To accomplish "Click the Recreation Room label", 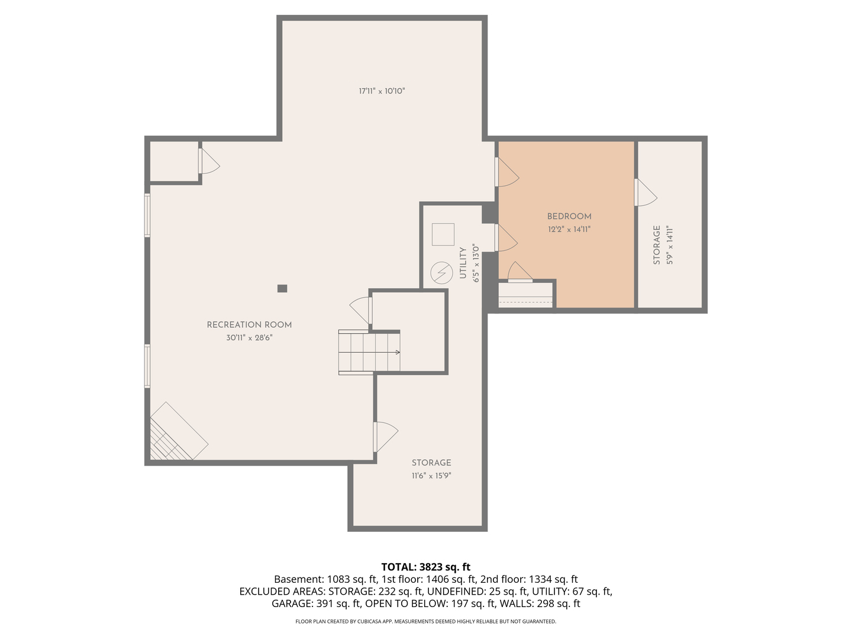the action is coord(249,325).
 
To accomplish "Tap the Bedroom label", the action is coord(569,217).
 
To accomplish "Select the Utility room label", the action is coord(463,263).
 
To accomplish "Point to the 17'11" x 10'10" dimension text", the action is coord(382,91).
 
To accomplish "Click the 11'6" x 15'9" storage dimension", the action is coord(431,476).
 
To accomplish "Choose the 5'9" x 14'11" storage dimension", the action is coord(670,245).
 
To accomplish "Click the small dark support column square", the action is coord(282,288).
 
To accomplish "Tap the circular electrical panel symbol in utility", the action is coord(441,272).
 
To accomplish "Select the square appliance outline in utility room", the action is coord(443,234).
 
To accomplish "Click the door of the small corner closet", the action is coord(209,161).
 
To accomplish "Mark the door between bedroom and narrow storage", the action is coord(646,192).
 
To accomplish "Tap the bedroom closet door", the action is coord(519,272).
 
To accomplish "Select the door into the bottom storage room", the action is coord(385,437).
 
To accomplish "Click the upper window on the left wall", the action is coord(147,215).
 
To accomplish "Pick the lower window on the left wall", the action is coord(147,366).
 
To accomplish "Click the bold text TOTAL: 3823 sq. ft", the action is coord(426,567).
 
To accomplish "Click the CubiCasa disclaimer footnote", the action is coord(426,621).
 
